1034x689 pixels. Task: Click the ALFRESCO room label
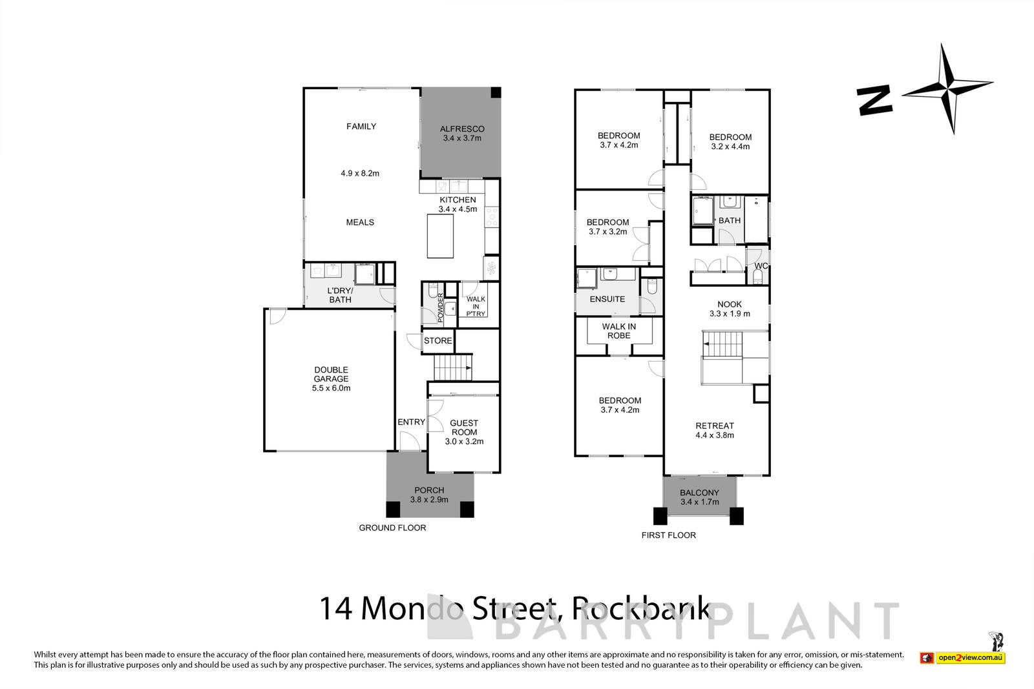(x=462, y=129)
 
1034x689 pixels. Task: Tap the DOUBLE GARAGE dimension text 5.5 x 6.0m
(x=331, y=388)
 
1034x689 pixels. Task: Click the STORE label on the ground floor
(x=438, y=340)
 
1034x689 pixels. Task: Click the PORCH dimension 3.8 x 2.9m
(x=430, y=499)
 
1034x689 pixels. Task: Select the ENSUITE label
(x=607, y=299)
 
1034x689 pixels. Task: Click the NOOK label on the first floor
(x=730, y=304)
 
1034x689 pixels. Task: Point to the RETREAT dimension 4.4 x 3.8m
(x=715, y=435)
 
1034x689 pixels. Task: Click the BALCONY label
(x=699, y=492)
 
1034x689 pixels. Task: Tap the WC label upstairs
(x=761, y=266)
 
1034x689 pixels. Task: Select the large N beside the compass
(x=874, y=101)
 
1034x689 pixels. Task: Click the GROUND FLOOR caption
(x=392, y=528)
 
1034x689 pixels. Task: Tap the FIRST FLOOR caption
(x=668, y=535)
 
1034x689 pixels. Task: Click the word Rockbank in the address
(x=642, y=608)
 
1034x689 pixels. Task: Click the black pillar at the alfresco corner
(x=495, y=92)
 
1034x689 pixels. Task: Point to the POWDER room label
(x=441, y=308)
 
